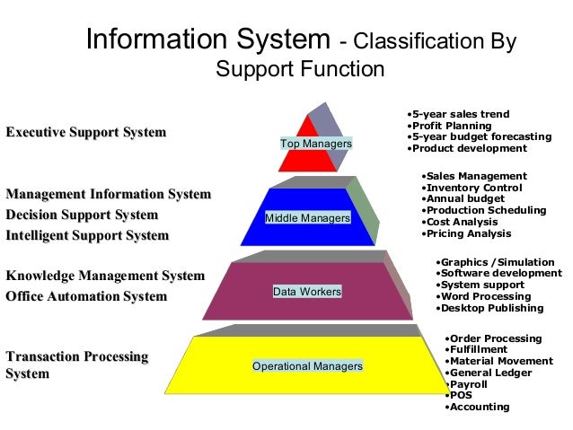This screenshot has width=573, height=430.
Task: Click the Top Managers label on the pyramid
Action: point(315,144)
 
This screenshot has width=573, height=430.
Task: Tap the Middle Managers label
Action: point(307,218)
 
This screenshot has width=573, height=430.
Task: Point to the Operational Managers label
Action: point(307,366)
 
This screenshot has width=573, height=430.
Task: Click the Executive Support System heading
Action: point(86,133)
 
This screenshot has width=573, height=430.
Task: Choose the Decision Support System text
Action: point(82,215)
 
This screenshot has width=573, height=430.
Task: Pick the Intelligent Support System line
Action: point(87,235)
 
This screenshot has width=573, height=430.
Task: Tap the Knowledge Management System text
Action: point(105,276)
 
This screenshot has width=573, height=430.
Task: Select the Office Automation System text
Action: point(86,296)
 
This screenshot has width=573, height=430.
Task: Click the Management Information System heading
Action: point(109,194)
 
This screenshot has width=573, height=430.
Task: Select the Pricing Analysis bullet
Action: point(467,233)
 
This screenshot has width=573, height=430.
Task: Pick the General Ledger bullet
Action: point(491,373)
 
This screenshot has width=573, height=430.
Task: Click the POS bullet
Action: point(461,395)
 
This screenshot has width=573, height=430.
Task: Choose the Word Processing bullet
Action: point(486,296)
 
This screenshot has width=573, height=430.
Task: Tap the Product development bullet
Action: point(467,148)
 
